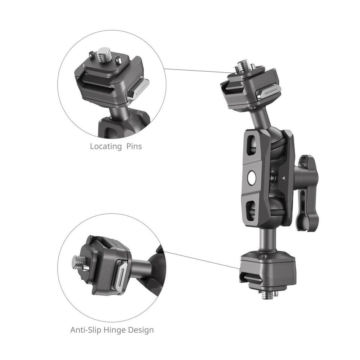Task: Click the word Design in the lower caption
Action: (x=141, y=329)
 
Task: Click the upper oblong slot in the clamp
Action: (x=249, y=144)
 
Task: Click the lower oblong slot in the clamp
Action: (x=251, y=210)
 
